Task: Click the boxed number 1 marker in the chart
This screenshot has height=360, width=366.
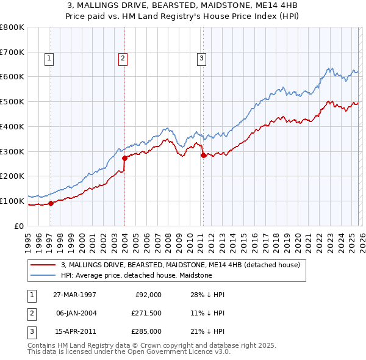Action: coord(49,59)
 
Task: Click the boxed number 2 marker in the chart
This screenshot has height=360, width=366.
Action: coord(123,59)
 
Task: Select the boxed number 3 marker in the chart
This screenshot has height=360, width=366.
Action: coord(201,59)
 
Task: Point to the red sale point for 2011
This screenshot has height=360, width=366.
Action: coord(203,155)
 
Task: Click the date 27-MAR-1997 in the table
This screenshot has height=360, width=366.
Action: coord(75,295)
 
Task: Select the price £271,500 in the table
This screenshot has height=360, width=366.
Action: coord(146,313)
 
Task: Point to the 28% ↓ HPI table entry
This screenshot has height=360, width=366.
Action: coord(207,295)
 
